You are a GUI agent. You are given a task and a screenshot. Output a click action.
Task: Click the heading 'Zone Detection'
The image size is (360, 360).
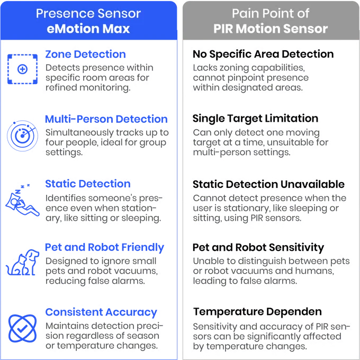click(x=86, y=55)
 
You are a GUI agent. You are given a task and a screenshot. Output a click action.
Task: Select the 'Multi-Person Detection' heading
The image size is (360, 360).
click(x=106, y=119)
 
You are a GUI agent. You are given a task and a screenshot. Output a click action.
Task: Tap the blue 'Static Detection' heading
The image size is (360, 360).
click(x=87, y=184)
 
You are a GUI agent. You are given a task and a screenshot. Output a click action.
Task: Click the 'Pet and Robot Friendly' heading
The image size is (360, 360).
click(x=104, y=248)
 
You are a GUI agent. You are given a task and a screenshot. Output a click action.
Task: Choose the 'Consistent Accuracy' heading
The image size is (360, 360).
click(x=101, y=312)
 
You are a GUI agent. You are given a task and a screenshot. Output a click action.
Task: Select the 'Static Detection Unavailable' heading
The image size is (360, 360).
click(x=268, y=185)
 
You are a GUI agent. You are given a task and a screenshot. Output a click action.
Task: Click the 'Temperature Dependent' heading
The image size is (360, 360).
click(x=256, y=312)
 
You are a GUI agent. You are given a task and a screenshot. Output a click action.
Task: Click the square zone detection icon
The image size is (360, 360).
click(x=22, y=69)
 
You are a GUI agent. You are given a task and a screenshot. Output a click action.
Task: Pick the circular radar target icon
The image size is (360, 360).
click(x=22, y=133)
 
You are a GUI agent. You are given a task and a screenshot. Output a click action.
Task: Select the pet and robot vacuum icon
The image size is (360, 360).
click(x=22, y=260)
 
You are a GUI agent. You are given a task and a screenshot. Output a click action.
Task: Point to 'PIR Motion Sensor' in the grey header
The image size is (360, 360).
click(x=272, y=29)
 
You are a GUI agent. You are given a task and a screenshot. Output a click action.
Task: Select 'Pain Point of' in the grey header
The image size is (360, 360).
click(x=272, y=13)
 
